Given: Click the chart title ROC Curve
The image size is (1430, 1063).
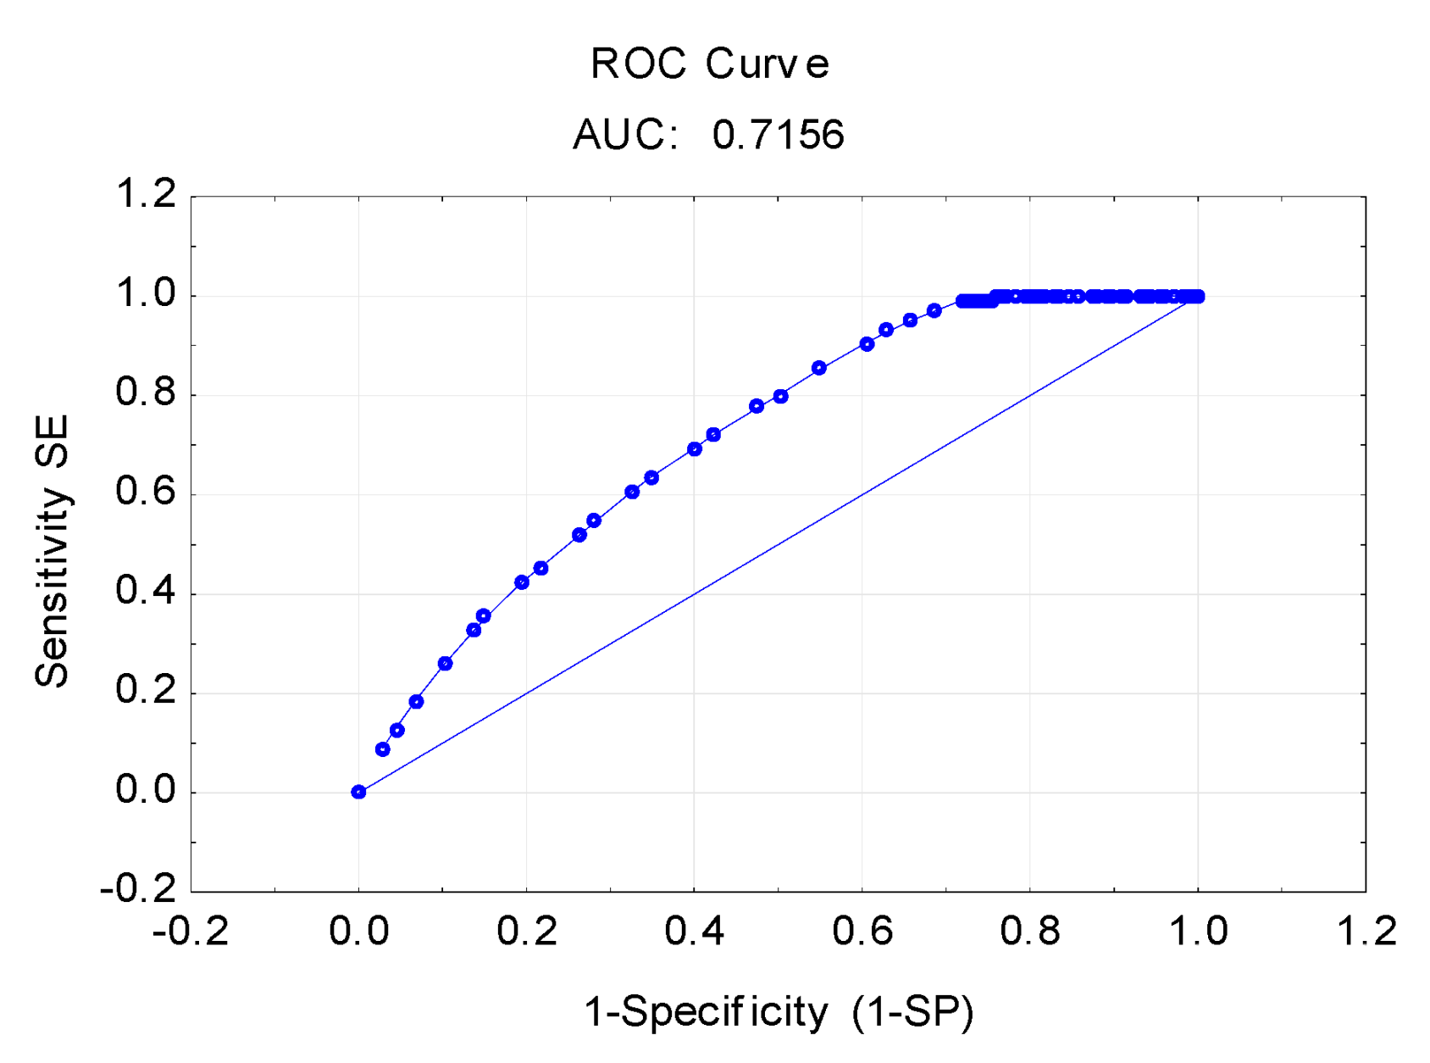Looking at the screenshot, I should coord(710,64).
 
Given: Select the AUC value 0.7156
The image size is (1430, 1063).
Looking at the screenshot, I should coord(778,135).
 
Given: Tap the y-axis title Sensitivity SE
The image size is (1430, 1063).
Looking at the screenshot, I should coord(53,551).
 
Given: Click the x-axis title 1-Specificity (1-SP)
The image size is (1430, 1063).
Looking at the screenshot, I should coord(779,1011).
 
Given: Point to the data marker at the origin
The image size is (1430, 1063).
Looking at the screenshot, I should coord(358,792).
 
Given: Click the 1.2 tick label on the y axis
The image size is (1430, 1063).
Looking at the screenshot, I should coord(145,194).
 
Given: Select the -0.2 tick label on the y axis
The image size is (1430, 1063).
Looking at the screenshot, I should coord(137,889).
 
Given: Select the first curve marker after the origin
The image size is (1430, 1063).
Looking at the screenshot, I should coord(382,749).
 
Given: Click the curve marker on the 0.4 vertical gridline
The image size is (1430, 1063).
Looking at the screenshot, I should coord(695,449).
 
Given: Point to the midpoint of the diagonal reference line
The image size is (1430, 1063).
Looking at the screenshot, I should coord(778,544).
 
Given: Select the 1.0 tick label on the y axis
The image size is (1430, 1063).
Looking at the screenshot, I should coord(145,294).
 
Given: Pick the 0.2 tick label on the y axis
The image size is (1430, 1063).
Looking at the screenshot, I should coord(145,691).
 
